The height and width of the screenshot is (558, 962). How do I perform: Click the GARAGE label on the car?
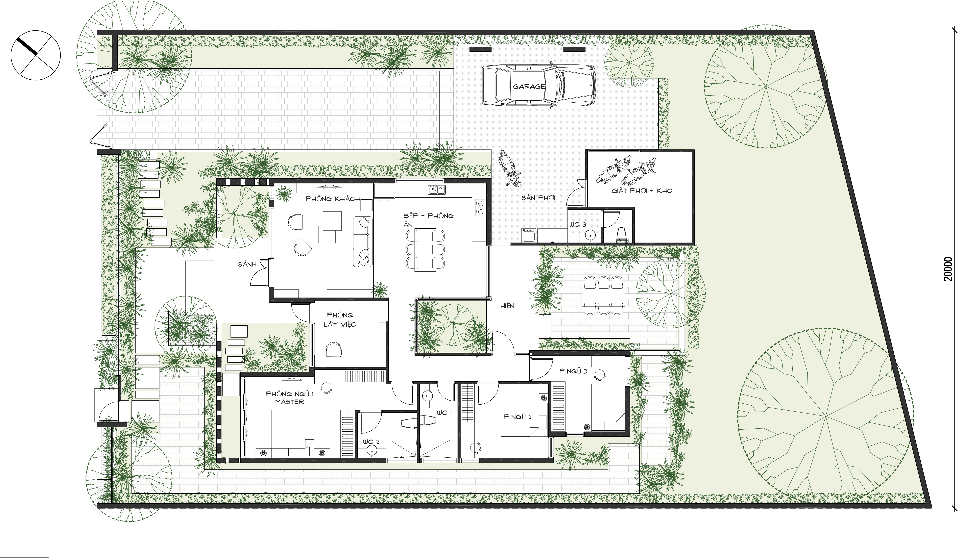coord(529,86)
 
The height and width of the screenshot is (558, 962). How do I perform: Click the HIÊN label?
coord(507,306)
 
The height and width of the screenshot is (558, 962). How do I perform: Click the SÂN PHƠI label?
coord(538,198)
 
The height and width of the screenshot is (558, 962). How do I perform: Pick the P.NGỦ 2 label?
coord(518,417)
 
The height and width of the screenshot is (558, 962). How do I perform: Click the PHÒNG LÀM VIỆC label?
coord(340,320)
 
